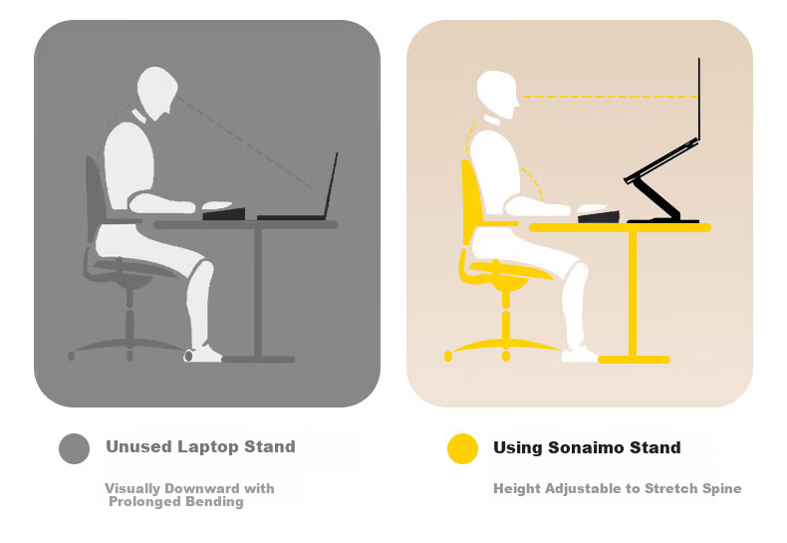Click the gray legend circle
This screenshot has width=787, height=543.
75,448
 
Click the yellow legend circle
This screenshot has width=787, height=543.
462,448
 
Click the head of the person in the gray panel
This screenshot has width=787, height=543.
157,93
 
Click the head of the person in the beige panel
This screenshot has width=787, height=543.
498,95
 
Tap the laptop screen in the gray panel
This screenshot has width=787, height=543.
331,184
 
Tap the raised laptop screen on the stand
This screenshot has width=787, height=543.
698,99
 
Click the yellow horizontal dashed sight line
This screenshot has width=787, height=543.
610,96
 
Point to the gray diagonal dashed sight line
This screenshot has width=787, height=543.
244,142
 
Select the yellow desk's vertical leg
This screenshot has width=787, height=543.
633,294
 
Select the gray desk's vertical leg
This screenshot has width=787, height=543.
258,293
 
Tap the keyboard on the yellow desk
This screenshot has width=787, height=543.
599,217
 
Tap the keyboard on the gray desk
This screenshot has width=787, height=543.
224,214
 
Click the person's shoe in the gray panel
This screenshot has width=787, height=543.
203,354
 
